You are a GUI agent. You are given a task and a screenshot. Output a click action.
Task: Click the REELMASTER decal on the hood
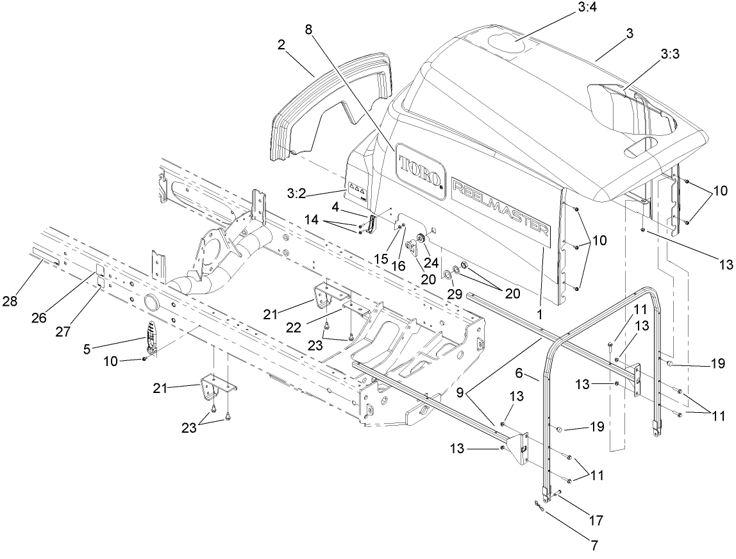pyautogui.click(x=501, y=206)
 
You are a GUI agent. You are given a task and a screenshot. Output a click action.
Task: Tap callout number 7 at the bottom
pyautogui.click(x=594, y=546)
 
